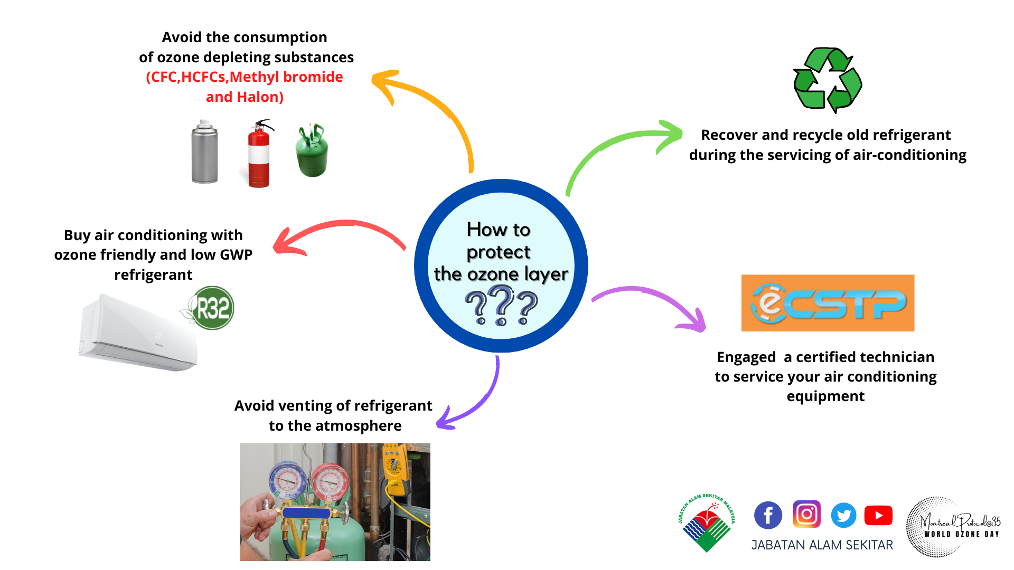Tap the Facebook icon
point(768,515)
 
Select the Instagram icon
point(806,514)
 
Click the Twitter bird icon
point(844,515)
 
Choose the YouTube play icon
point(878,515)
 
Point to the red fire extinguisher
point(259,154)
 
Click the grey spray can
point(204,152)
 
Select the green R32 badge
point(210,308)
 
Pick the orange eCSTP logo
point(828,303)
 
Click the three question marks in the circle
point(501,305)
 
